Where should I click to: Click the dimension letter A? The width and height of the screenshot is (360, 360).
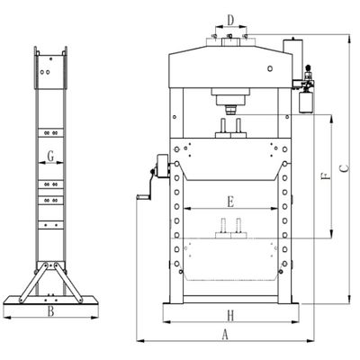(225, 335)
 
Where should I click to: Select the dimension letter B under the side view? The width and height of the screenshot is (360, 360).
(51, 311)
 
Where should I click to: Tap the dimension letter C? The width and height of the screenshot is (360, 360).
(345, 168)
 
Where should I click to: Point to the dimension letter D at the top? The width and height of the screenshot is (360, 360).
(230, 21)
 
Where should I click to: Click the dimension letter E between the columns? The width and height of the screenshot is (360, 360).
(230, 202)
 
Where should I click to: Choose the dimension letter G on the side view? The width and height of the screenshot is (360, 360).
(51, 157)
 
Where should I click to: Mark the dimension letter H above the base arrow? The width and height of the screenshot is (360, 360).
(230, 316)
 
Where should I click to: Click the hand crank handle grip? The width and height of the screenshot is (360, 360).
(143, 197)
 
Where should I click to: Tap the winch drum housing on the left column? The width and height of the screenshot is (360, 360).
(163, 166)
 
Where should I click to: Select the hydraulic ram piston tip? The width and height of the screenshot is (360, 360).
(230, 110)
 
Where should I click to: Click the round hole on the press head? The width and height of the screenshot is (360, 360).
(270, 68)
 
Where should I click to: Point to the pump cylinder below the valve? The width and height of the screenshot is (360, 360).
(306, 103)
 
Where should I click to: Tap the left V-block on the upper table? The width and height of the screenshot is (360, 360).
(223, 128)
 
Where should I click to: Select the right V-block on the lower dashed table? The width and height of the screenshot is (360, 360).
(238, 229)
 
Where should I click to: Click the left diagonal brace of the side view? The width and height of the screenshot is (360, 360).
(33, 283)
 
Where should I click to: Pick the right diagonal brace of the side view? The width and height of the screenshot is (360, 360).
(67, 283)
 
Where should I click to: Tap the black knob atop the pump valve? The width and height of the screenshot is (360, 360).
(308, 67)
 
